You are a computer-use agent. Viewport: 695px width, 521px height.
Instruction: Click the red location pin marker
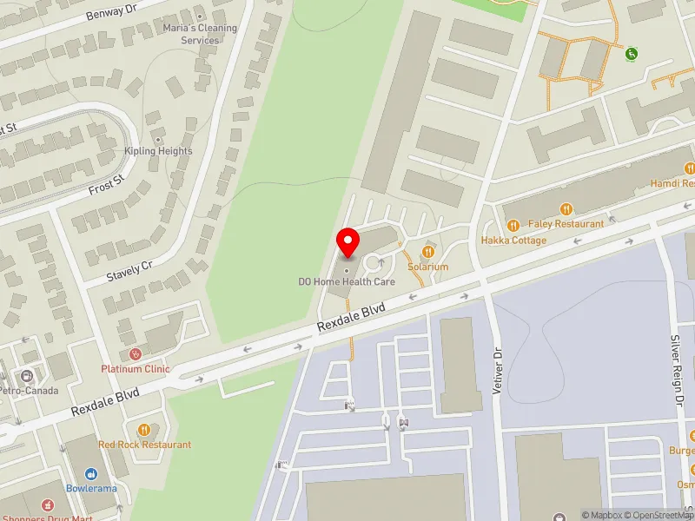(348, 242)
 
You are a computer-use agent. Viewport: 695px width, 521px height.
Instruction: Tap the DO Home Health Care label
(347, 281)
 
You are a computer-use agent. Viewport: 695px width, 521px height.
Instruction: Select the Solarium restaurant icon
(427, 252)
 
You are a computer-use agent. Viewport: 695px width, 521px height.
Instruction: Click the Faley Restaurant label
(566, 224)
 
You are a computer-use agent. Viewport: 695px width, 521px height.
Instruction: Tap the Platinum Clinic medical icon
(135, 354)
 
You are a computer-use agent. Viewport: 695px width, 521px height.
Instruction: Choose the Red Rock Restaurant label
(144, 445)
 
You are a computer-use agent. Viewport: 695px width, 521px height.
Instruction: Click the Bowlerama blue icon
(91, 474)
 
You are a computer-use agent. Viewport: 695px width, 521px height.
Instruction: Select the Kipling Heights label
(158, 151)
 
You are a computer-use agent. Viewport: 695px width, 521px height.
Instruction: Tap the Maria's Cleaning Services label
(200, 34)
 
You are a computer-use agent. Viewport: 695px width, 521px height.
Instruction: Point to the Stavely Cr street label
(129, 271)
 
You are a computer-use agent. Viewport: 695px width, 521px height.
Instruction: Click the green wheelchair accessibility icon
(632, 53)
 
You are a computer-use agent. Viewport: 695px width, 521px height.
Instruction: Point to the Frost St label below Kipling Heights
(106, 188)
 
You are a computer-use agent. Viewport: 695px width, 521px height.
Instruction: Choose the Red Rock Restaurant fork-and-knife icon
(144, 430)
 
